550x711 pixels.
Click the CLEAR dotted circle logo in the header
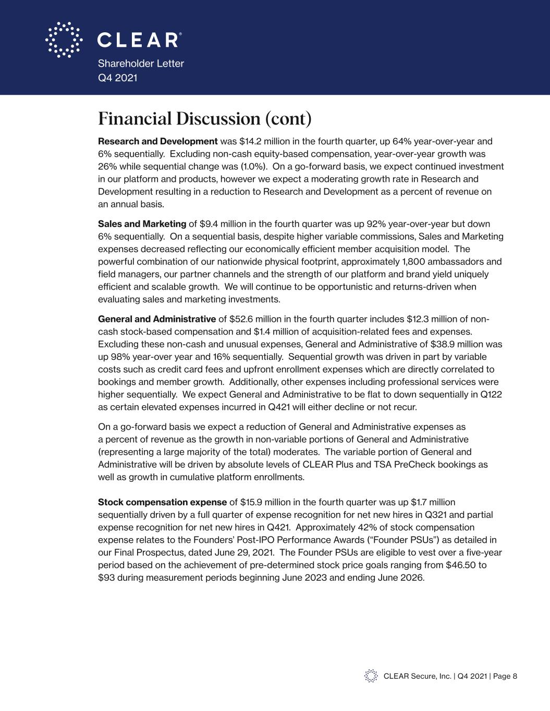click(64, 40)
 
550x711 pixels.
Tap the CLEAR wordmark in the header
click(139, 40)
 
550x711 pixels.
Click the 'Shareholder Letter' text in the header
click(141, 64)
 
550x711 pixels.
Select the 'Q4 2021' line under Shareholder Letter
click(118, 78)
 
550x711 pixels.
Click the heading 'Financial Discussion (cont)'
click(204, 119)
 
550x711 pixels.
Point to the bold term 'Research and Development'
click(157, 141)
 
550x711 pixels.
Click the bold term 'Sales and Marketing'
click(142, 224)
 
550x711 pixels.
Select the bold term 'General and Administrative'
click(157, 319)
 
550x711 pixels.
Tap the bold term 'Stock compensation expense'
click(162, 502)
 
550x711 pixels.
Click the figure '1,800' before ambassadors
click(408, 261)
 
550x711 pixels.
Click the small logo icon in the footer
click(371, 676)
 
